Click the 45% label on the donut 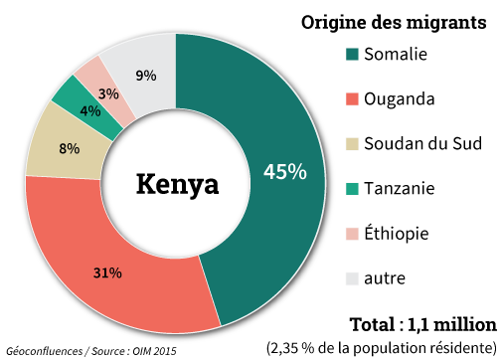point(284,171)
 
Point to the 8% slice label point(70,149)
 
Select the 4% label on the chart point(89,111)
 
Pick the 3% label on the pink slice point(109,94)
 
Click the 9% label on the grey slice point(145,75)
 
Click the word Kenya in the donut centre point(176,184)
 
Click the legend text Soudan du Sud point(422,144)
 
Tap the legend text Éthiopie point(397,234)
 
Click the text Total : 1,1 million point(422,324)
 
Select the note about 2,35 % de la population point(381,347)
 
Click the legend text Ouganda point(398,99)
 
